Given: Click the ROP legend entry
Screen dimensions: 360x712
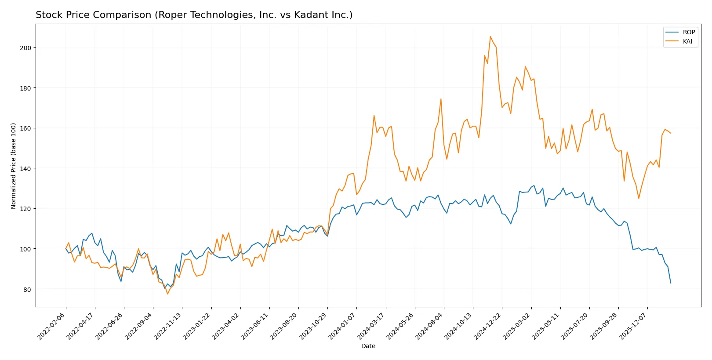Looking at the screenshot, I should click(x=688, y=32).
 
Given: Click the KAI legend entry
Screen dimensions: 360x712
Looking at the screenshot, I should click(x=687, y=41).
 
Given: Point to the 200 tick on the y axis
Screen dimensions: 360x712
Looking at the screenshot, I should click(x=25, y=47).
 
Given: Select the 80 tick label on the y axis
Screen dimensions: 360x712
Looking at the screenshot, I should click(x=27, y=289).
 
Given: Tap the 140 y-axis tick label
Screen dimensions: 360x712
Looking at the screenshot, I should click(x=25, y=168).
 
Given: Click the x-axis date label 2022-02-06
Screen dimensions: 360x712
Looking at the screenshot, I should click(x=52, y=326).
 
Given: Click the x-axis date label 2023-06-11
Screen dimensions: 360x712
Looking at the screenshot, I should click(x=255, y=326).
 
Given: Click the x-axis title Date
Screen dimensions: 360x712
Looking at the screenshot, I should click(x=368, y=346).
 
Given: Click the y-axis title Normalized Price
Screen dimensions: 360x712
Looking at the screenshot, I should click(x=14, y=166).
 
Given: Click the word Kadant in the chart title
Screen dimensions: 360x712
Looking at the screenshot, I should click(x=307, y=15).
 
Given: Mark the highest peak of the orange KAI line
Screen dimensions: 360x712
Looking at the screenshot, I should click(x=490, y=36).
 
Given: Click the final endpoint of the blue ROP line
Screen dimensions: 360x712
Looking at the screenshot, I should click(x=671, y=283).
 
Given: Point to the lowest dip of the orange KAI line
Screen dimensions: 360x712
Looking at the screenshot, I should click(x=167, y=294).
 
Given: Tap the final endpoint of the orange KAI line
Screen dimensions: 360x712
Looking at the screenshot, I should click(x=671, y=133).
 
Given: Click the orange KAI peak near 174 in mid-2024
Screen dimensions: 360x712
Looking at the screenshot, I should click(x=441, y=99).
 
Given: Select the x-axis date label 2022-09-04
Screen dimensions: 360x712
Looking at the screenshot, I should click(x=139, y=326).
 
